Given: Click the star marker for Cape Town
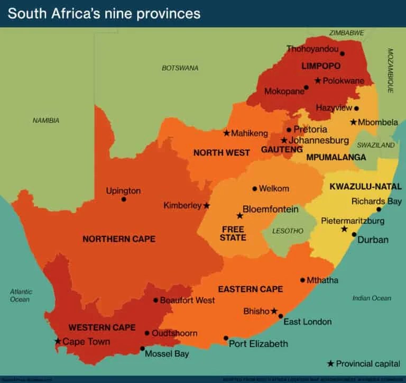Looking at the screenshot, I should (x=58, y=341).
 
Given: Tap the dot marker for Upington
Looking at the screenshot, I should (x=124, y=199).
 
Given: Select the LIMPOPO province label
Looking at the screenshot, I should (x=320, y=66).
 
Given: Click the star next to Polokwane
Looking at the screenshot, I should (x=317, y=80).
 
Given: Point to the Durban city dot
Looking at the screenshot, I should (x=354, y=234).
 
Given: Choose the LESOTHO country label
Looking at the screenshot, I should (x=288, y=231).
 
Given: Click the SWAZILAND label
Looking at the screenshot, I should (x=376, y=145).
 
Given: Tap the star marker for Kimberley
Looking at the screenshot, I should (x=207, y=205).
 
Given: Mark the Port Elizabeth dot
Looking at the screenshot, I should (x=226, y=338).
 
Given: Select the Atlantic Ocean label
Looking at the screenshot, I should (x=21, y=295).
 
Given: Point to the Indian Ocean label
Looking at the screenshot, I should (x=372, y=298).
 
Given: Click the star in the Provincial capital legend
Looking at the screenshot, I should (x=330, y=363).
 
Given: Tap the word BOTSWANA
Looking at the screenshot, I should (x=180, y=68).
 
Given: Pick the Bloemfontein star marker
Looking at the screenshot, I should (x=239, y=216).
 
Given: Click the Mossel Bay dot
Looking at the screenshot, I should (x=142, y=349).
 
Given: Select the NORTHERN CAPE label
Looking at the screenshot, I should (x=119, y=239).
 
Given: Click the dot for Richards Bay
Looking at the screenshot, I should (x=379, y=209).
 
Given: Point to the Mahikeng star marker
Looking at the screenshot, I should (x=226, y=133).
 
